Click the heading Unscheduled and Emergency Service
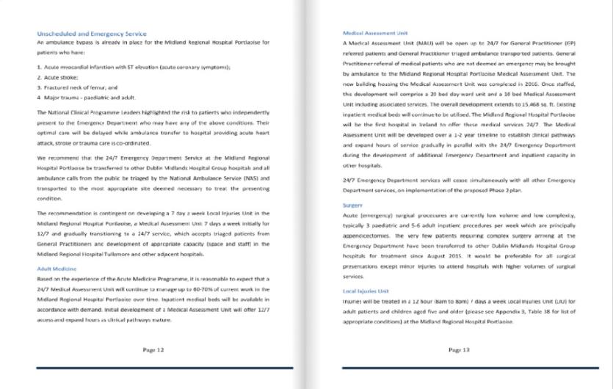[91, 34]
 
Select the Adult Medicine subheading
[56, 269]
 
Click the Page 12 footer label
[153, 350]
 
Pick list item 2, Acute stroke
[61, 76]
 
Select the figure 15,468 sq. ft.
[532, 106]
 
